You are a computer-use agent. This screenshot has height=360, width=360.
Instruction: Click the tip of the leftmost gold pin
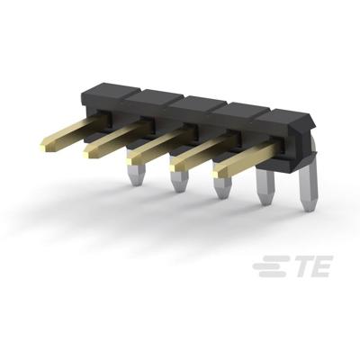45,141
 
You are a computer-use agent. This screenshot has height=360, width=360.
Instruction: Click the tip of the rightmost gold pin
216,167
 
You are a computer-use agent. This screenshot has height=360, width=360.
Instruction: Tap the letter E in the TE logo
319,266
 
